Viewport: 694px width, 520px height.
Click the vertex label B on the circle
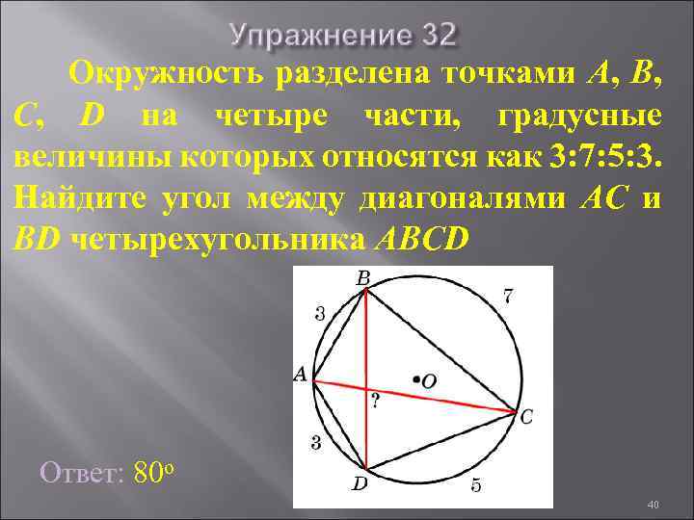[x=363, y=278]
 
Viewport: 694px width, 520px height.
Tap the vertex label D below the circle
[x=359, y=484]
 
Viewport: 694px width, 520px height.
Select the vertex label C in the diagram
[x=525, y=418]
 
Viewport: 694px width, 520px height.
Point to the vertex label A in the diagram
[x=299, y=377]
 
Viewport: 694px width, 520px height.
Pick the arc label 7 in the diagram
[x=507, y=297]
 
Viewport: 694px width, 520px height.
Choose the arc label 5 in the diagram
[x=476, y=485]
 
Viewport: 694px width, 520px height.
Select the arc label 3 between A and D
[x=314, y=442]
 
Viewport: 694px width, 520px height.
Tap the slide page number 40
[x=652, y=506]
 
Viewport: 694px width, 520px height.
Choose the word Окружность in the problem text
[x=166, y=73]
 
